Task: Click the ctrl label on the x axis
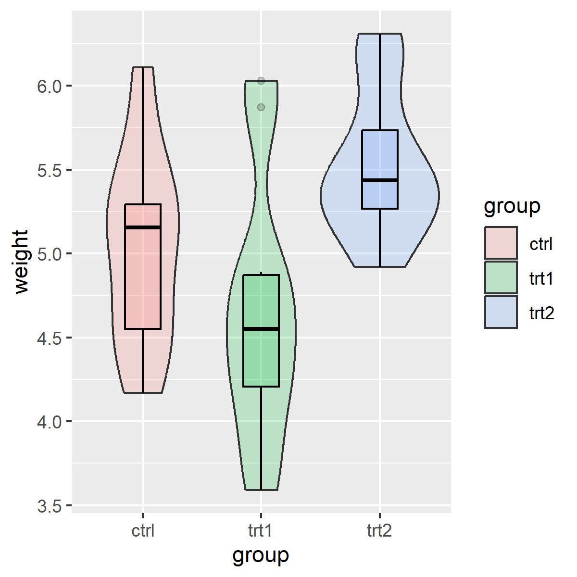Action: pyautogui.click(x=143, y=531)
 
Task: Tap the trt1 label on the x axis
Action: pyautogui.click(x=261, y=531)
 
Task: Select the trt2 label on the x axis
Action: pyautogui.click(x=379, y=531)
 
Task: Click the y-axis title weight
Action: pyautogui.click(x=22, y=262)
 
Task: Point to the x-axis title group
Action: pyautogui.click(x=261, y=555)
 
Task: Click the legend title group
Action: pyautogui.click(x=512, y=206)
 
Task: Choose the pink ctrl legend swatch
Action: pyautogui.click(x=501, y=243)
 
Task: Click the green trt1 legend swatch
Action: pyautogui.click(x=501, y=277)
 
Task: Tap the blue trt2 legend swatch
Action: pyautogui.click(x=501, y=312)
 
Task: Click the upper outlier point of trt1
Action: pyautogui.click(x=261, y=81)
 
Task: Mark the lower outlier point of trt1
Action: pyautogui.click(x=261, y=107)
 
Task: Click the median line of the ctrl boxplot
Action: pyautogui.click(x=143, y=227)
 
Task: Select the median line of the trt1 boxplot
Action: pyautogui.click(x=261, y=329)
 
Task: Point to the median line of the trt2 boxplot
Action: pyautogui.click(x=380, y=180)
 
